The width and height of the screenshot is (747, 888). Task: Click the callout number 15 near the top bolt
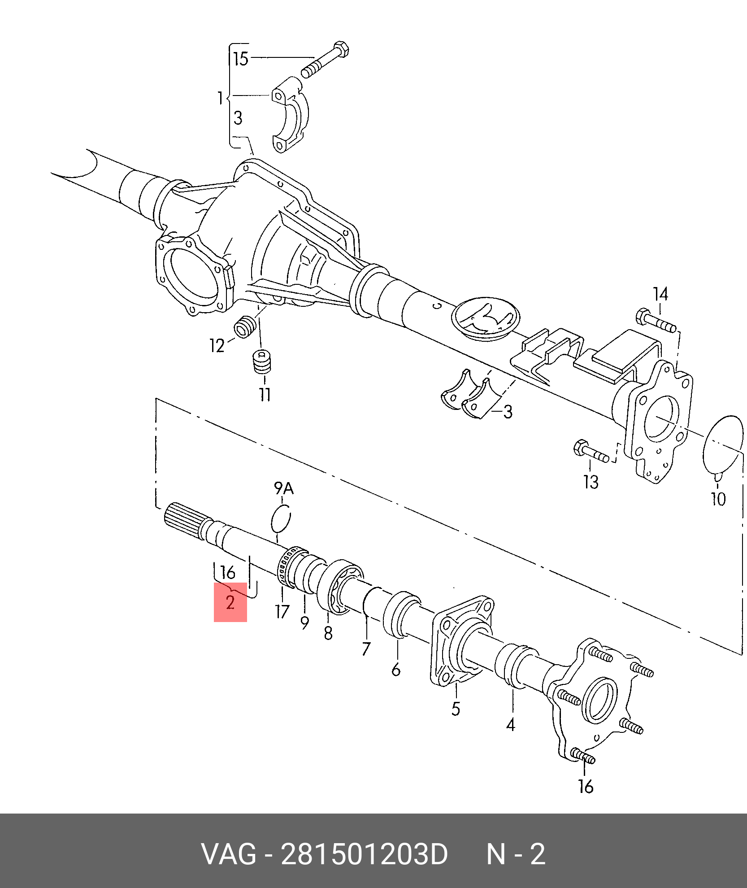pyautogui.click(x=241, y=59)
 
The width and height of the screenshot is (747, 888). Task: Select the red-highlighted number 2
pyautogui.click(x=230, y=602)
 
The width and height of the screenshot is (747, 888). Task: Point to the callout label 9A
pyautogui.click(x=284, y=488)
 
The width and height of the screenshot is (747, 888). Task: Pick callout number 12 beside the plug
pyautogui.click(x=217, y=346)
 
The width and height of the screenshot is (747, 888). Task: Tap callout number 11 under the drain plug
pyautogui.click(x=265, y=395)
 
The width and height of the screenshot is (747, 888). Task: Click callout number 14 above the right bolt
pyautogui.click(x=660, y=295)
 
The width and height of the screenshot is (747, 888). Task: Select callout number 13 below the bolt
pyautogui.click(x=591, y=482)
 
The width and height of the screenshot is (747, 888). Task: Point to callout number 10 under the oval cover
pyautogui.click(x=718, y=499)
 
